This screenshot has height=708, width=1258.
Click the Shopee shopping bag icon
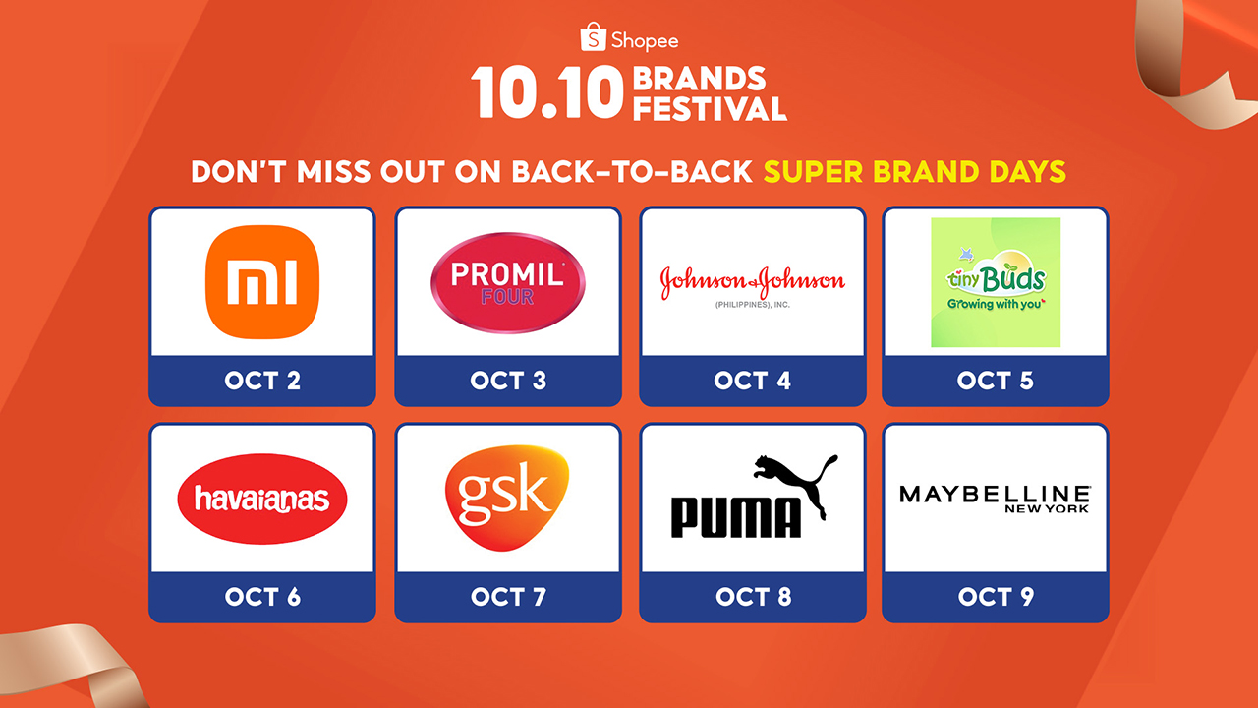[x=593, y=37]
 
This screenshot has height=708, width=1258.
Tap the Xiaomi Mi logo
[x=262, y=281]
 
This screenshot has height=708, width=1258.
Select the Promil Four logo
[x=508, y=282]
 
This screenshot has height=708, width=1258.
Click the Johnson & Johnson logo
[x=753, y=286]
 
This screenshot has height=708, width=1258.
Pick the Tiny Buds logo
[x=996, y=282]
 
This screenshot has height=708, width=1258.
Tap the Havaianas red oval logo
[x=262, y=499]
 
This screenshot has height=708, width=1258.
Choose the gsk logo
[x=506, y=498]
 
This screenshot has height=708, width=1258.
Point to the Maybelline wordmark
[x=995, y=495]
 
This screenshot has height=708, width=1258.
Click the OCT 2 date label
[x=262, y=381]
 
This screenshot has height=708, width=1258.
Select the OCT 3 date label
[x=508, y=381]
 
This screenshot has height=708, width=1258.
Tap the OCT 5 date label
[x=996, y=381]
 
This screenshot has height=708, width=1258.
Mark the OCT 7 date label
[x=508, y=597]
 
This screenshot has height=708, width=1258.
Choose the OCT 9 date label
[x=996, y=597]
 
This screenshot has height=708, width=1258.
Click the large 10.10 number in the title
[x=547, y=92]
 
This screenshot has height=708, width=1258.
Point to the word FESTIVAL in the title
[x=710, y=108]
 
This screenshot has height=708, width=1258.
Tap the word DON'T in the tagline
[x=239, y=172]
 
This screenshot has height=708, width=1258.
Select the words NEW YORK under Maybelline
[x=1047, y=509]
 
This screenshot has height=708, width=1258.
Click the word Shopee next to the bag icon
[x=645, y=40]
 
